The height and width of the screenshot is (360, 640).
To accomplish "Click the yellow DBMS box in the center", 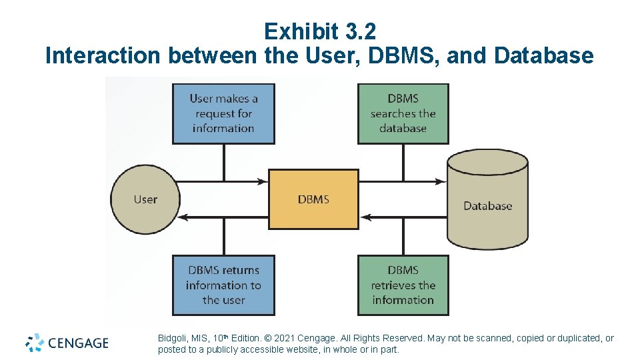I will (x=313, y=199).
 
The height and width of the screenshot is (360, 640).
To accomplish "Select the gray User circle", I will (x=145, y=199).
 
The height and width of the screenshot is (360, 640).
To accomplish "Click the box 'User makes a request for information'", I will (x=223, y=113).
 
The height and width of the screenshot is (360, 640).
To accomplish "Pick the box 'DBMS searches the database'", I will (x=403, y=113).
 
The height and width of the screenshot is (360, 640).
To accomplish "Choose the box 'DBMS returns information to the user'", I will (x=223, y=285).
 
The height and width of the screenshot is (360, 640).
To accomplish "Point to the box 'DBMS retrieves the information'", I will (x=403, y=285).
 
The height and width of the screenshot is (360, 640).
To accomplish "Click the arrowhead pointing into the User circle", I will (x=186, y=217).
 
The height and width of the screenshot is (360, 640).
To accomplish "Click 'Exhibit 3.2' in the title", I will (x=320, y=31).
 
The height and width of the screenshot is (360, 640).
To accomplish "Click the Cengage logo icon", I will (x=35, y=343).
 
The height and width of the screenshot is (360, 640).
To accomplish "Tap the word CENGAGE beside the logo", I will (x=78, y=343).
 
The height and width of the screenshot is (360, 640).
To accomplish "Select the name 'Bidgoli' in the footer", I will (x=172, y=339).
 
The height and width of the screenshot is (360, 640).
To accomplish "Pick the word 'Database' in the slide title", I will (x=544, y=55).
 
